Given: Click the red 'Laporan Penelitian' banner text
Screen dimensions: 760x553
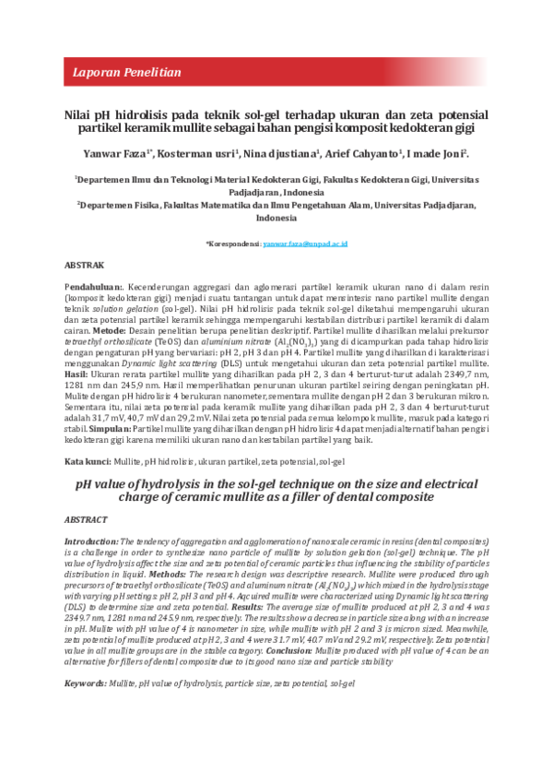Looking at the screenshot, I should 127,71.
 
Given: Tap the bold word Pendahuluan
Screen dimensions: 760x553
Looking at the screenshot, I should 100,290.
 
